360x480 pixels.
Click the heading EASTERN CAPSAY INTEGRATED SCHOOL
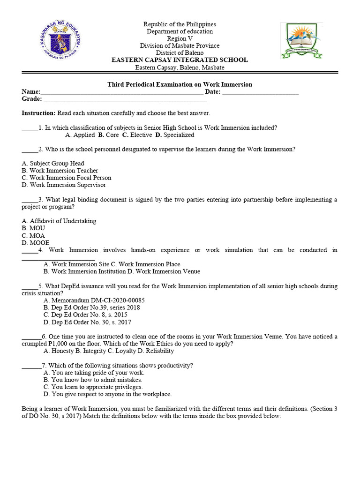click(x=180, y=60)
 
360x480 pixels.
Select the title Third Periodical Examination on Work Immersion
click(x=180, y=84)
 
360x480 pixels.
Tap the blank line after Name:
click(x=122, y=92)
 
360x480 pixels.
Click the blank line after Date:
click(x=261, y=92)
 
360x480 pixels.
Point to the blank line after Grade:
click(x=125, y=99)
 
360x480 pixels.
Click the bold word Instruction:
click(x=39, y=113)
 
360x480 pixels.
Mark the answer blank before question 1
click(x=30, y=128)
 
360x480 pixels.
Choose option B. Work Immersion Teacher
click(x=60, y=171)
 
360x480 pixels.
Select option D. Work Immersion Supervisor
click(x=64, y=185)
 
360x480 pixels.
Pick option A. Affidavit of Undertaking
click(x=59, y=221)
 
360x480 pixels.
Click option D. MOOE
click(x=35, y=243)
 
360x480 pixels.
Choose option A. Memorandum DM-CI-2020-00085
click(x=94, y=300)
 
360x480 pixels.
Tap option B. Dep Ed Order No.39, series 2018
click(x=91, y=308)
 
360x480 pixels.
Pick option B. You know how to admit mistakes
click(x=93, y=380)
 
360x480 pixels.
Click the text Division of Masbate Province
click(x=180, y=46)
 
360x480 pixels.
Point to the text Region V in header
click(x=180, y=39)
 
